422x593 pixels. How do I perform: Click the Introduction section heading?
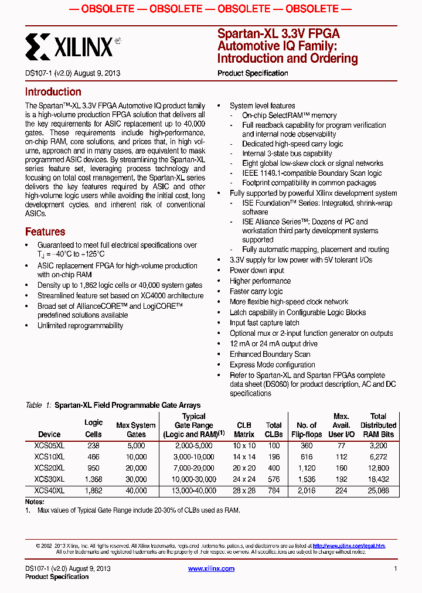click(53, 92)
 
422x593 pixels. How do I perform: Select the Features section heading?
click(45, 231)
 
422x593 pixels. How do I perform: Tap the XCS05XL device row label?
click(49, 446)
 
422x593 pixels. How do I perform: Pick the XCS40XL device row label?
click(49, 490)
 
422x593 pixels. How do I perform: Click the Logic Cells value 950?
click(93, 468)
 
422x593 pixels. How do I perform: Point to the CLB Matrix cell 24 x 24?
click(244, 479)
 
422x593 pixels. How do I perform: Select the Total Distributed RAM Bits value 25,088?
click(378, 490)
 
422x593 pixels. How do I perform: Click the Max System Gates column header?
click(136, 430)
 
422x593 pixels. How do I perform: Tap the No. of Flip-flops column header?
click(307, 430)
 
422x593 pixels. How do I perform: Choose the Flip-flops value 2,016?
click(307, 490)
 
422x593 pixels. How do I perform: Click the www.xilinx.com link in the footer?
click(211, 568)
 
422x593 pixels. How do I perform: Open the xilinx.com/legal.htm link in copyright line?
click(349, 546)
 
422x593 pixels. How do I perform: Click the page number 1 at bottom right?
click(396, 568)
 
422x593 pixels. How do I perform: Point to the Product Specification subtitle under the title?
click(253, 73)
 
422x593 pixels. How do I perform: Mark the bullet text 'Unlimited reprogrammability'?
click(80, 326)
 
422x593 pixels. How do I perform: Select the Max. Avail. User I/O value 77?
click(341, 446)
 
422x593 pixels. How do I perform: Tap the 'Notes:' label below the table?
click(35, 502)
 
